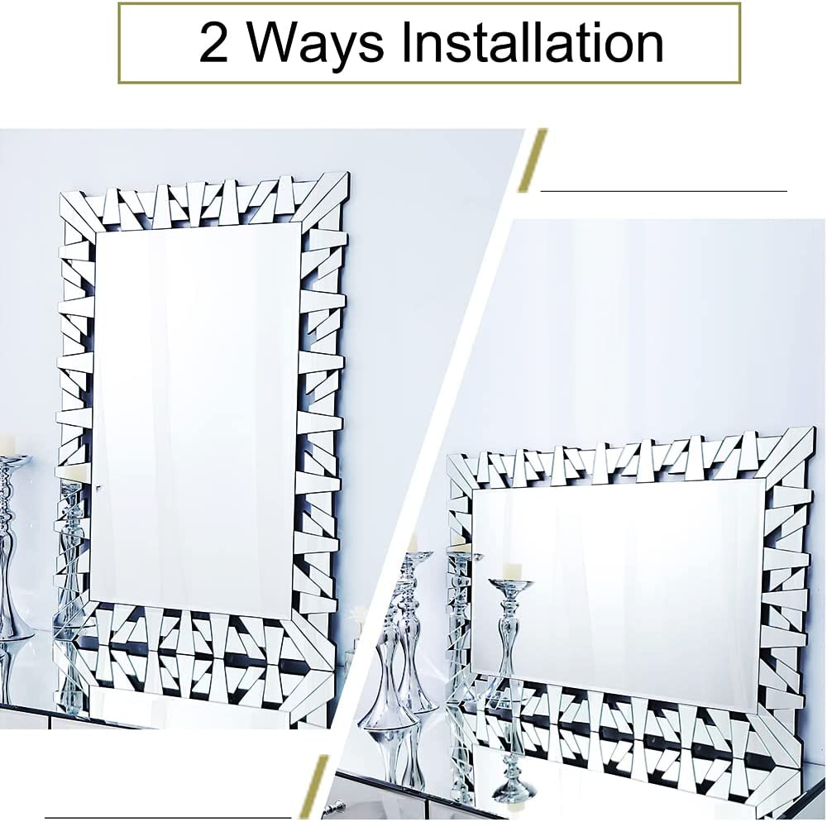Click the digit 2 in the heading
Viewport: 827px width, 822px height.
click(213, 43)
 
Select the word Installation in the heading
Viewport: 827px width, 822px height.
click(533, 43)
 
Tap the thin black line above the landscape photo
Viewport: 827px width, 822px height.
click(663, 191)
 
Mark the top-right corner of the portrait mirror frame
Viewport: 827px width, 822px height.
click(347, 174)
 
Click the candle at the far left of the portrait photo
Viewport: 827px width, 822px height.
click(7, 444)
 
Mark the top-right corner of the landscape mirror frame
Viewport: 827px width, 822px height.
click(812, 429)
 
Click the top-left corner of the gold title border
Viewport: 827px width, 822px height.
click(121, 5)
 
